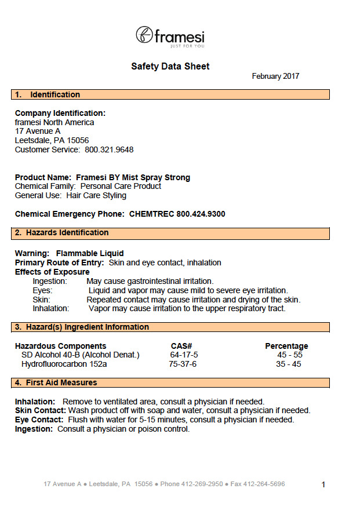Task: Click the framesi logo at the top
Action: coord(170,36)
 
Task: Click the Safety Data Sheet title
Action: coord(170,67)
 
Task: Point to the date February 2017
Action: coord(275,76)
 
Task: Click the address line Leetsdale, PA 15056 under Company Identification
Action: coord(52,140)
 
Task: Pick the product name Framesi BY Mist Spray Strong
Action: coord(133,177)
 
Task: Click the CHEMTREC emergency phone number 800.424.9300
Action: coord(201,214)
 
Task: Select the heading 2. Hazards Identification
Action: coord(61,232)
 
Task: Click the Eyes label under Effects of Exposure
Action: coord(42,290)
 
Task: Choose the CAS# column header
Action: coord(181,346)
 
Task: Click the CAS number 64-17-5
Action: coord(184,355)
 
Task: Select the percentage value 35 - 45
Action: coord(289,364)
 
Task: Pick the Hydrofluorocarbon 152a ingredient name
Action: coord(64,364)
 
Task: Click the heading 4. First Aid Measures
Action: coord(56,382)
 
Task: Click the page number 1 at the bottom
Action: coord(323,484)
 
